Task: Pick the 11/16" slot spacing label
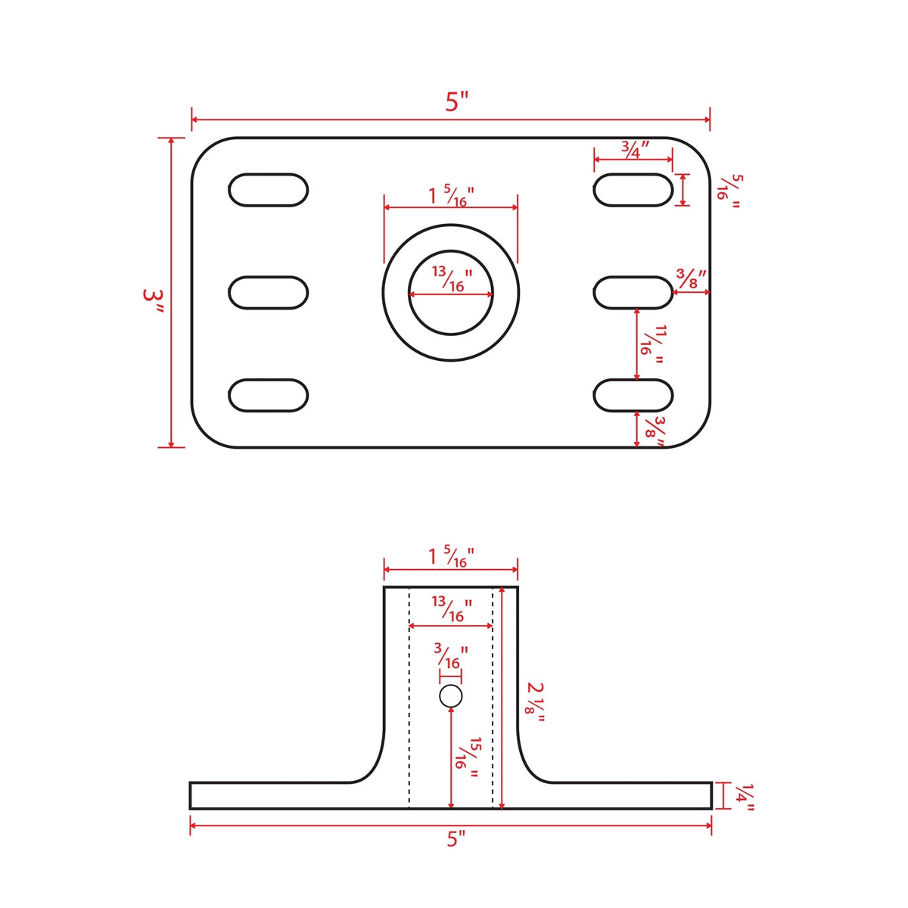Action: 652,344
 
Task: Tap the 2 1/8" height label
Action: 536,702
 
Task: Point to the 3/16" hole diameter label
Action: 451,657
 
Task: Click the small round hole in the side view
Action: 451,696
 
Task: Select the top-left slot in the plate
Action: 268,190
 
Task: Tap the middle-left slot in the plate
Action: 268,293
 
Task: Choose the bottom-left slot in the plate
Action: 268,396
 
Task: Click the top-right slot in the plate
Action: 633,190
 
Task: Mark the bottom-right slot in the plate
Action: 633,396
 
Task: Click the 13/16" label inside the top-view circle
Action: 452,279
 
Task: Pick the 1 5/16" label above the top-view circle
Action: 451,195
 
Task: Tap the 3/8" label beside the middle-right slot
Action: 690,278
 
